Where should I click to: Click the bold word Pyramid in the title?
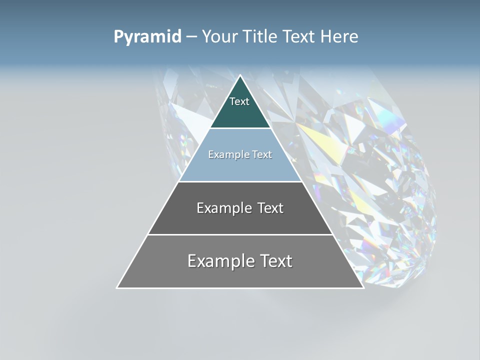coord(147,36)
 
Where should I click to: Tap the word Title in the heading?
coord(260,36)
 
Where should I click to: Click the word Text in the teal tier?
coord(239,101)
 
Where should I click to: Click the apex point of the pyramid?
coord(240,76)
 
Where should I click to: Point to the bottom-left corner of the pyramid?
coord(117,287)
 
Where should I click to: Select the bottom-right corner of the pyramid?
coord(363,287)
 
